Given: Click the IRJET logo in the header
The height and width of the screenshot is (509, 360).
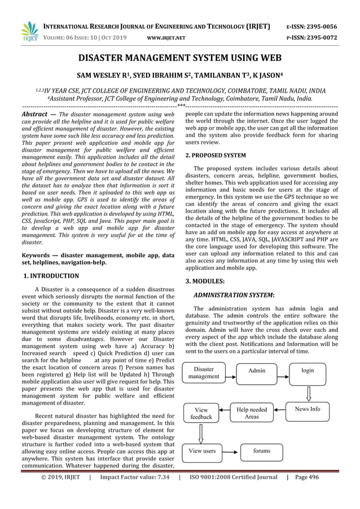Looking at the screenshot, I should (x=28, y=32).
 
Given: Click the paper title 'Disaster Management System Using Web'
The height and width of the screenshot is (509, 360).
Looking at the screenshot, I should (x=179, y=58).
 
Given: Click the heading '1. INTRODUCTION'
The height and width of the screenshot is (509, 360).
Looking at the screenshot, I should (x=51, y=276).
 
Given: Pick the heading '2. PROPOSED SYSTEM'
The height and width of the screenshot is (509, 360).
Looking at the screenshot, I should (x=216, y=155).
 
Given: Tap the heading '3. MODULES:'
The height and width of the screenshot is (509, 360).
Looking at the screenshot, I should (x=205, y=280).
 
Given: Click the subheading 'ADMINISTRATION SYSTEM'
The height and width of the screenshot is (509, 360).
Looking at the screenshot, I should (x=234, y=295).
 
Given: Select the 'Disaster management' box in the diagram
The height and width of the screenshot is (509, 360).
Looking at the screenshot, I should (x=204, y=372).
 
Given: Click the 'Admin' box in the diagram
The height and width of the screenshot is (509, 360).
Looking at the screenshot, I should (x=257, y=371).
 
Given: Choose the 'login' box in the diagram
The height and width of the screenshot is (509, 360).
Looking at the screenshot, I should (x=308, y=371).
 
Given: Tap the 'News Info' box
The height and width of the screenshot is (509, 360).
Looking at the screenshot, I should (x=308, y=409).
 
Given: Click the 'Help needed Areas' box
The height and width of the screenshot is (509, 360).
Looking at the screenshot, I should (x=252, y=413).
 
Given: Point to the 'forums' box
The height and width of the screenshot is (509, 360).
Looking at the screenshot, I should (x=261, y=451).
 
